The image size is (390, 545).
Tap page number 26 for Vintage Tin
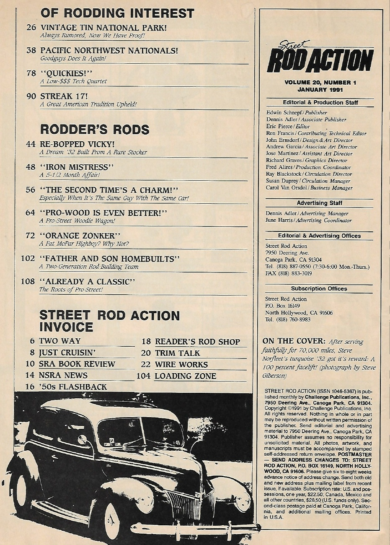pos(31,28)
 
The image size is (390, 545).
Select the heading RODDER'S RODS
pos(95,130)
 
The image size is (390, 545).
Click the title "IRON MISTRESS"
pos(77,166)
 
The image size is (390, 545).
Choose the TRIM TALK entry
pos(178,353)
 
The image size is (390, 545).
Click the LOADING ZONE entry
pos(186,376)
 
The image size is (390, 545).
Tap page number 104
pos(143,376)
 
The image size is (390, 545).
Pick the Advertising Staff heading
pos(320,203)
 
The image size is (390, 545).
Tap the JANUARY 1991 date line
pos(320,89)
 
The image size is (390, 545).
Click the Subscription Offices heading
pos(319,288)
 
